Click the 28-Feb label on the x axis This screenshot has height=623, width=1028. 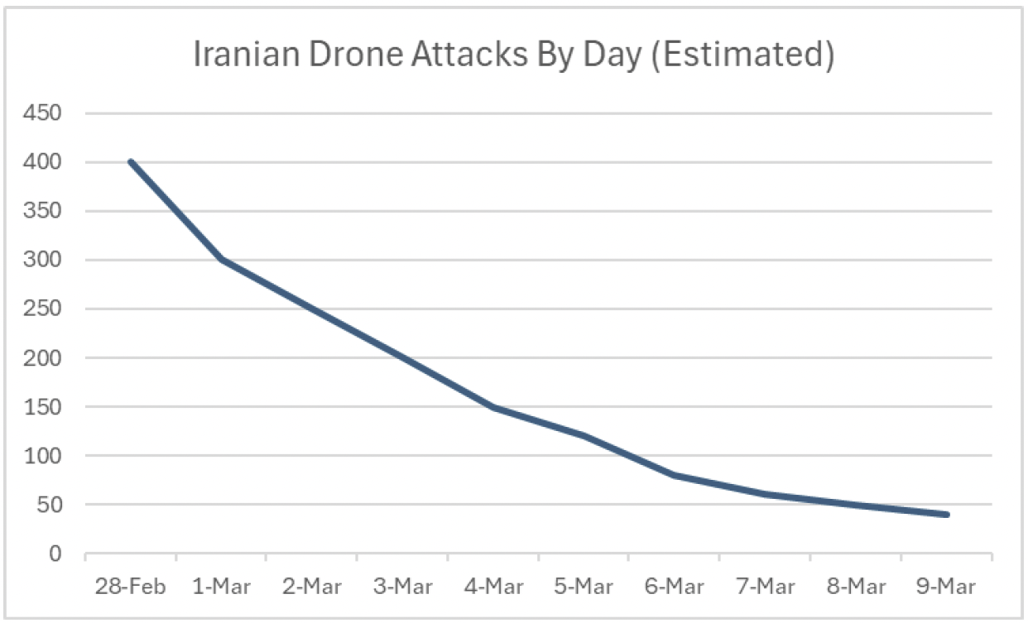[131, 587]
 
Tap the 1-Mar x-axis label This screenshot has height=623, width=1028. [221, 587]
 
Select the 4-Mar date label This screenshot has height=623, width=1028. [493, 587]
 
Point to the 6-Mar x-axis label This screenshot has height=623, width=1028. [675, 587]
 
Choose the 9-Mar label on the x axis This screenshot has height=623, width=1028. [947, 587]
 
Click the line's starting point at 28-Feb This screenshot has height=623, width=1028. [131, 162]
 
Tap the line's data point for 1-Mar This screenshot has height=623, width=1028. [221, 260]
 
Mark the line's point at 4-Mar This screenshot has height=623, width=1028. [493, 407]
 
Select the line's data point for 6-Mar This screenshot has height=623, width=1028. [675, 475]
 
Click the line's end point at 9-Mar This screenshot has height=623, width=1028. [947, 515]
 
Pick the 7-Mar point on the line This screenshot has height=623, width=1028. [766, 495]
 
